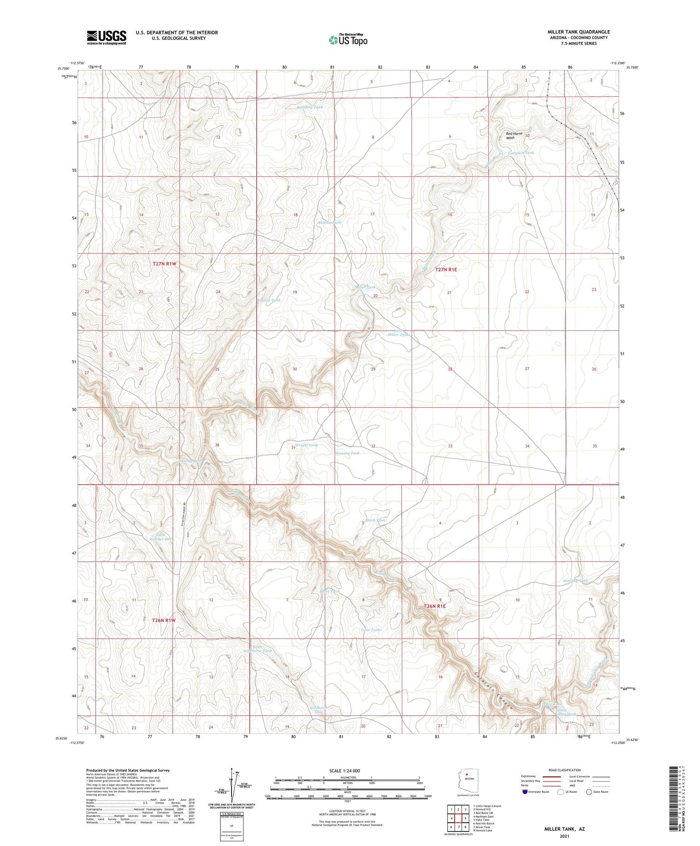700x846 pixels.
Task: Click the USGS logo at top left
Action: click(x=106, y=37)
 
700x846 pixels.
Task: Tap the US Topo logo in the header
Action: click(x=348, y=40)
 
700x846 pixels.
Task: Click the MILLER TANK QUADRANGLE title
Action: click(x=579, y=32)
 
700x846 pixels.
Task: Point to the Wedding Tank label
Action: click(x=310, y=107)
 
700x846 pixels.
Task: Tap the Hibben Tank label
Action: click(x=330, y=223)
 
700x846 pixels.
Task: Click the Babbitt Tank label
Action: click(x=269, y=301)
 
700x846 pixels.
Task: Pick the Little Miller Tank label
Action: click(x=399, y=332)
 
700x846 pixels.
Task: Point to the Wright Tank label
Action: click(x=306, y=445)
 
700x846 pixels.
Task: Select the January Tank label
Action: click(x=348, y=453)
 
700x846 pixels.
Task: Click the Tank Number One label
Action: click(x=161, y=537)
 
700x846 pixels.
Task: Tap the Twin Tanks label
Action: click(x=371, y=630)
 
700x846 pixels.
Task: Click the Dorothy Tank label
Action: click(x=575, y=580)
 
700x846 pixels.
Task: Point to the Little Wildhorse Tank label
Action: click(x=257, y=649)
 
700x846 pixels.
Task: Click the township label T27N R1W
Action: click(x=165, y=264)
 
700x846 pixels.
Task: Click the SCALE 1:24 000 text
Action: click(x=344, y=770)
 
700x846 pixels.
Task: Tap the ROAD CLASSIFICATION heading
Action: click(x=564, y=770)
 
